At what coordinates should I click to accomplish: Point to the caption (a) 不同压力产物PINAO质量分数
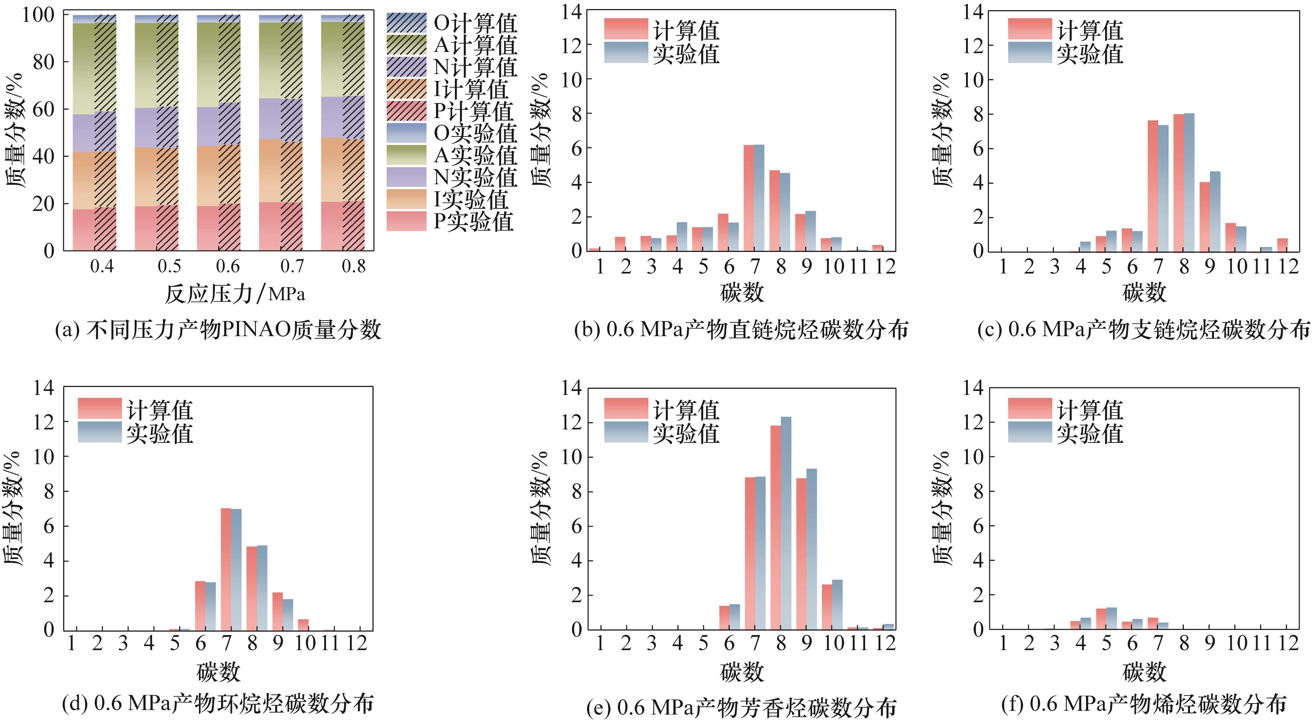pos(218,330)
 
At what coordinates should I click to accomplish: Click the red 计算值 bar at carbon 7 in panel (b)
pos(749,199)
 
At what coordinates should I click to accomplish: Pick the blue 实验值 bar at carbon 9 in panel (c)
pos(1215,211)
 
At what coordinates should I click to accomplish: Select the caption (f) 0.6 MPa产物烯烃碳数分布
pos(1144,704)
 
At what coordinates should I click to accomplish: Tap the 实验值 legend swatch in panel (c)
pos(1029,52)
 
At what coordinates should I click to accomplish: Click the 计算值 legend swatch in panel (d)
pos(99,408)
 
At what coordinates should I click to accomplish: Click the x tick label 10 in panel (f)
pos(1236,644)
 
